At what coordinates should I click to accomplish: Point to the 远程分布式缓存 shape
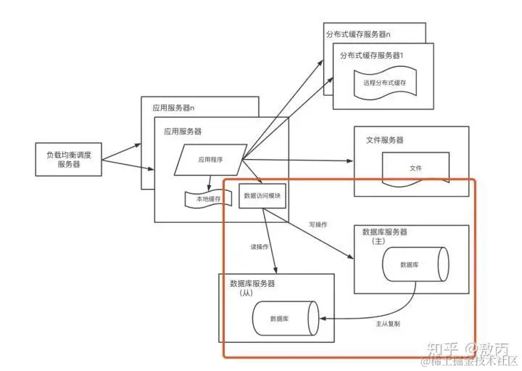pos(384,83)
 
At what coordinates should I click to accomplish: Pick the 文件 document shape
pos(415,168)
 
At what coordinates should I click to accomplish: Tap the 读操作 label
pos(259,248)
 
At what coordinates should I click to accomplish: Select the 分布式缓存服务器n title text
pos(365,33)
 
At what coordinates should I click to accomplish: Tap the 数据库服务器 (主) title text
pos(384,236)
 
